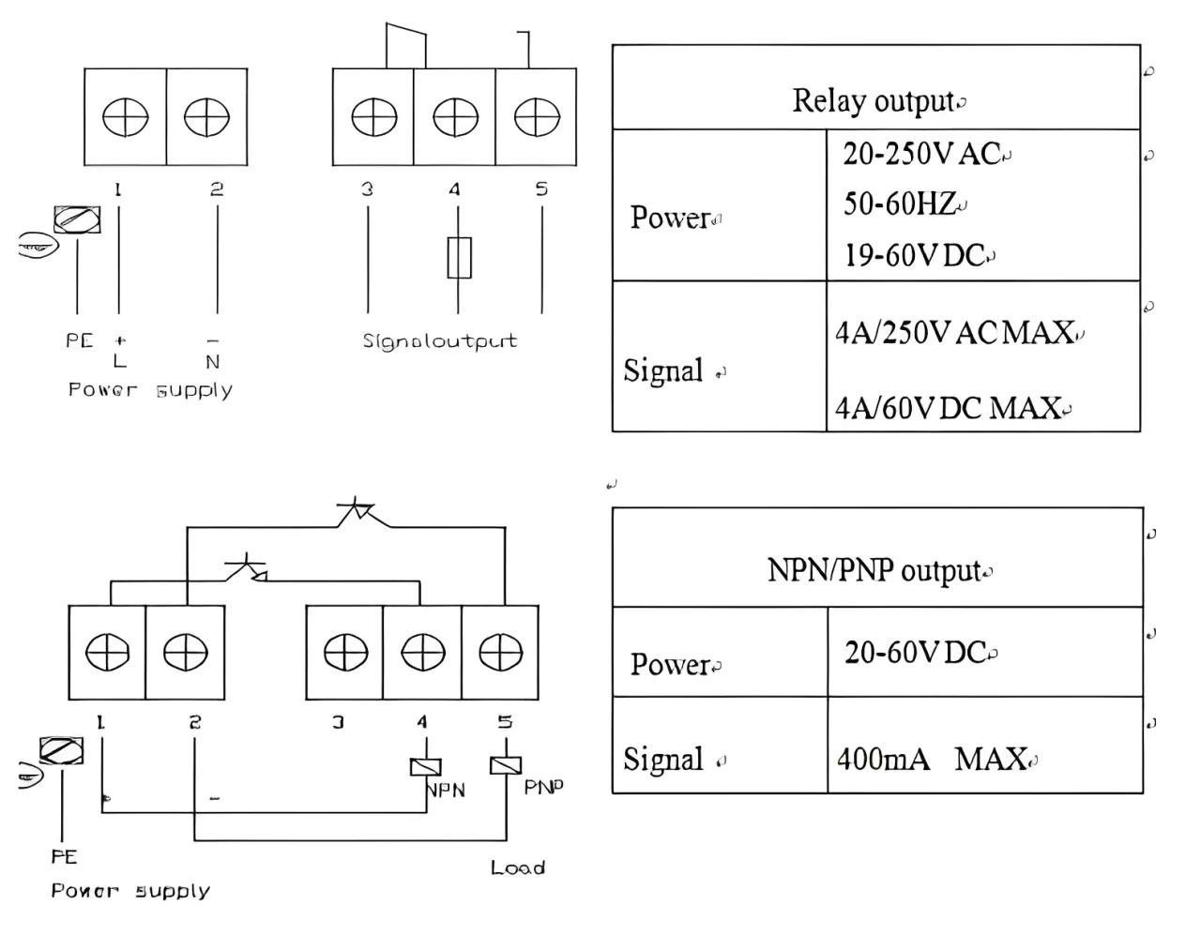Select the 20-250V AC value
coord(923,154)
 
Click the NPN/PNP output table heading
coord(875,570)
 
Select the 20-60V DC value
coord(917,653)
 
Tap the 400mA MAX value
coord(933,759)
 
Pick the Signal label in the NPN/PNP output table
coord(663,759)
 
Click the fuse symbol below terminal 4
coord(459,258)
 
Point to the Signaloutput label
coord(439,340)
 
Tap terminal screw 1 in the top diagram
coord(125,118)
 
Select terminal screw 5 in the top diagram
coord(537,118)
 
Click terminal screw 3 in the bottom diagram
coord(344,653)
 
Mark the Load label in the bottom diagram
coord(518,868)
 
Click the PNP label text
coord(544,787)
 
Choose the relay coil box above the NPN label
coord(426,767)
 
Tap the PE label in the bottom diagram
coord(64,857)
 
